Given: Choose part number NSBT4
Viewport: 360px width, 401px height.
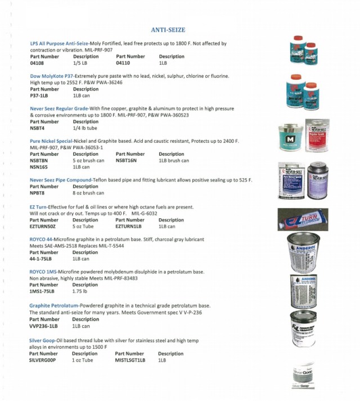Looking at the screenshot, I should point(38,128).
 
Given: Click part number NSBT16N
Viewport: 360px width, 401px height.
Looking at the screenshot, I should point(127,160).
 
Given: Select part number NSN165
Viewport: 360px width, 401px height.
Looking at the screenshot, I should point(39,167).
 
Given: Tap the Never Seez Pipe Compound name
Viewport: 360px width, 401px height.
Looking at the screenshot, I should point(62,180).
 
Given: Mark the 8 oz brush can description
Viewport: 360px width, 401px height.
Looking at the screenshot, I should point(88,193).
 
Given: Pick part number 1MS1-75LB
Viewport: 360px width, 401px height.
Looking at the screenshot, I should point(42,291).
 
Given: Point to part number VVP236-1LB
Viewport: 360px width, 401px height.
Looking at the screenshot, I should point(43,326).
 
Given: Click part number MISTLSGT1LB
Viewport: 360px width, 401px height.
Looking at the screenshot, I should point(130,360).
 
